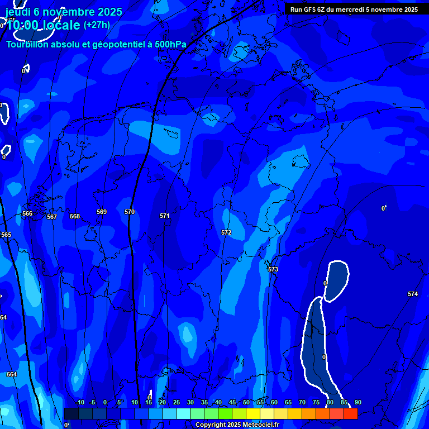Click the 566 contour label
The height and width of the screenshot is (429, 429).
(x=27, y=213)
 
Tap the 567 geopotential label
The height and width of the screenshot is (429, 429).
(x=52, y=217)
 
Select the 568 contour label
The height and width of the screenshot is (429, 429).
(x=75, y=216)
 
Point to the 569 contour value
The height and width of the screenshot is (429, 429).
(x=102, y=212)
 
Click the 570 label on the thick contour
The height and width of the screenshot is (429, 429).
(x=130, y=212)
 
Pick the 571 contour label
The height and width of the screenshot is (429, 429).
(x=164, y=216)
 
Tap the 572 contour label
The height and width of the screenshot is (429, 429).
(x=226, y=232)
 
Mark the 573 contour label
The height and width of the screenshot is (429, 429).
(x=273, y=269)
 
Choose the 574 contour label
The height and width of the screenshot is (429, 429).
(x=412, y=294)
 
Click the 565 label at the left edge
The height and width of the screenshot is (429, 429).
(x=6, y=235)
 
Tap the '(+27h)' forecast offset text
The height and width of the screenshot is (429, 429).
(x=97, y=25)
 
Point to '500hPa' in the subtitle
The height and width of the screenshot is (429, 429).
(x=170, y=44)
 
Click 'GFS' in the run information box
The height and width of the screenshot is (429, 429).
(x=310, y=9)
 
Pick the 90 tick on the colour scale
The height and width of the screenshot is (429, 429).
(x=357, y=402)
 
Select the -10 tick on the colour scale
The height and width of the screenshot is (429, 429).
(x=79, y=402)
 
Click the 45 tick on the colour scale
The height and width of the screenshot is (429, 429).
(x=232, y=402)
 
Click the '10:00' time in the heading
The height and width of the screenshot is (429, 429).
(x=23, y=25)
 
